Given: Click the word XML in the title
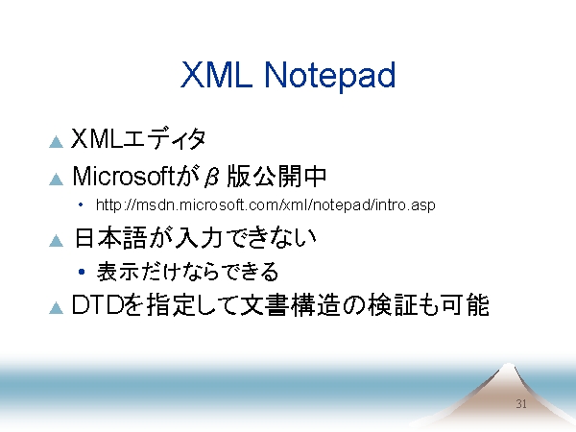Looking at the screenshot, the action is [216, 75].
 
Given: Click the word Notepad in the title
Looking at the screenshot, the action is [329, 75].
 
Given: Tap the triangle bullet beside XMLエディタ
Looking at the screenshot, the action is [57, 142].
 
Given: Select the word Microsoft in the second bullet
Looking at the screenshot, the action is [123, 176].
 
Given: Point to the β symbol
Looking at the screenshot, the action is [212, 177].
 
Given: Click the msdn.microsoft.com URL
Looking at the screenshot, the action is [265, 204].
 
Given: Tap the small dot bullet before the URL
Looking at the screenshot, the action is [81, 205].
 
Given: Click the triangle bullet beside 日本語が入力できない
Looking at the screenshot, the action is [57, 241].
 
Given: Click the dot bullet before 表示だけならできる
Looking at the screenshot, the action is [82, 272].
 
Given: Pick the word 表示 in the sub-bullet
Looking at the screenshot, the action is [117, 272].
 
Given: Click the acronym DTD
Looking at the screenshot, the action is [97, 305].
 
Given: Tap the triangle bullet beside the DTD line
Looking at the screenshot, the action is [57, 308].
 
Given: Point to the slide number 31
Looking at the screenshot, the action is [521, 404].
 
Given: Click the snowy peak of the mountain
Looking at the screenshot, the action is [508, 369].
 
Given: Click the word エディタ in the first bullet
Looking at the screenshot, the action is [164, 138].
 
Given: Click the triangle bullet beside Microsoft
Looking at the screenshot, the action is [57, 179].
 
